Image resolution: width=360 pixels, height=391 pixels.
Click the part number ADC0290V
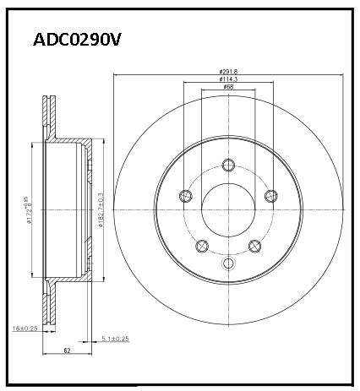[x=77, y=40]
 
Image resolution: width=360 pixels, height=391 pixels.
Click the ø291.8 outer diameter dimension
[x=228, y=72]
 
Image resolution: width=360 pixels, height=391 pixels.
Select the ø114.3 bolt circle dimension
[x=228, y=79]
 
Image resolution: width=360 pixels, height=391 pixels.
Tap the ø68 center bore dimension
[x=228, y=86]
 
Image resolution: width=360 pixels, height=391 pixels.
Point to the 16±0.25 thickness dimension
[x=25, y=329]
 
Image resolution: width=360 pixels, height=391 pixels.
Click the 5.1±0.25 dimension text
[x=115, y=339]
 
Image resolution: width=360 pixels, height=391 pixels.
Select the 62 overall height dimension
[x=67, y=350]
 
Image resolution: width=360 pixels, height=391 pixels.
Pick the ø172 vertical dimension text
[x=29, y=209]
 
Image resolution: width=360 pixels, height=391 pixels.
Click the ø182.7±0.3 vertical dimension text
[x=101, y=209]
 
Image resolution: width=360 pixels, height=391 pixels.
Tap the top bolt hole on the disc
[x=228, y=165]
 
